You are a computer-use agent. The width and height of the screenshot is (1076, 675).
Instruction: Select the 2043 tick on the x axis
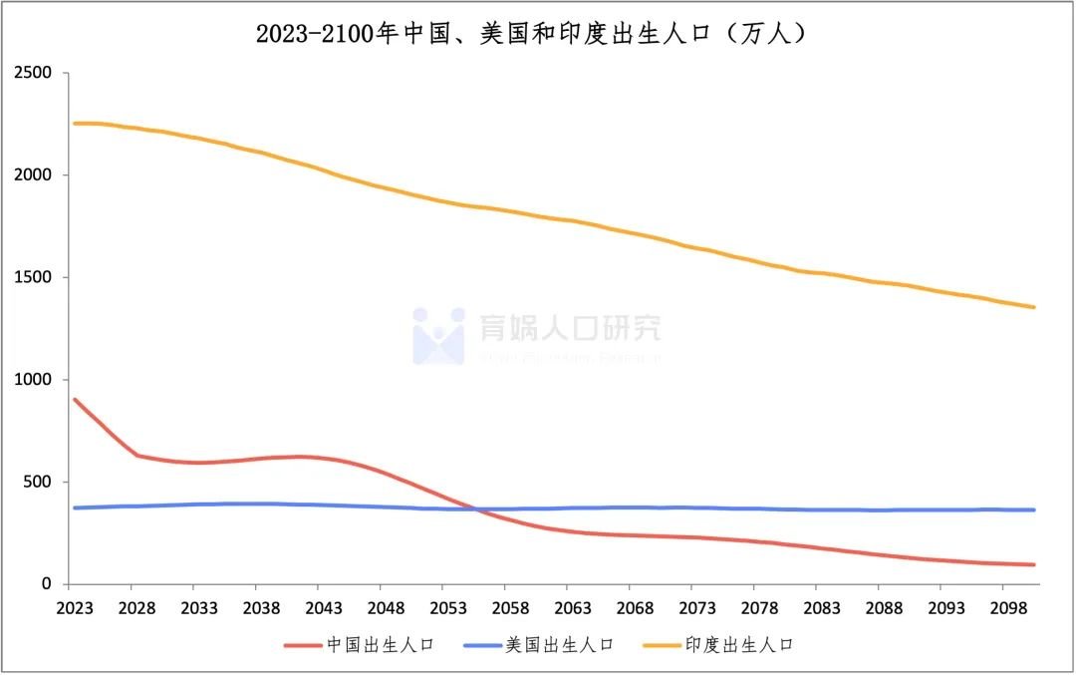(x=323, y=608)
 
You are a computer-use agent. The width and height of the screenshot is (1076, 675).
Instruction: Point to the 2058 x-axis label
(x=510, y=608)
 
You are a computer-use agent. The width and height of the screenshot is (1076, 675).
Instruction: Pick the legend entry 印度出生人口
(x=737, y=645)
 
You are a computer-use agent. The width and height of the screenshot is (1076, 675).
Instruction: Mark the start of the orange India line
(x=74, y=124)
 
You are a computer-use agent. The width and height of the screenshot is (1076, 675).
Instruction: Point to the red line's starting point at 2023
(x=74, y=400)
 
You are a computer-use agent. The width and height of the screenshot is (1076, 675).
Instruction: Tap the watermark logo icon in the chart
(x=438, y=335)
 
